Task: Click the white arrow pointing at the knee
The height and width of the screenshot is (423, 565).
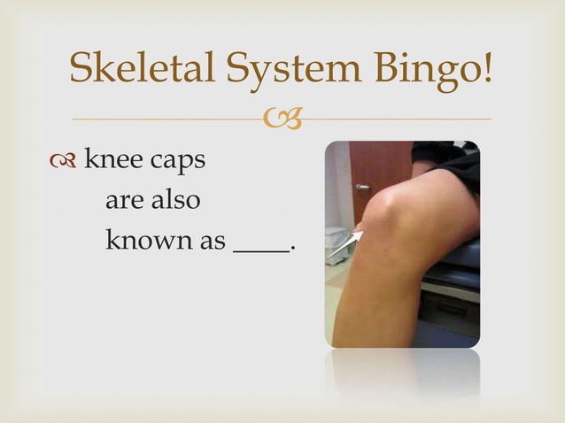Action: (345, 244)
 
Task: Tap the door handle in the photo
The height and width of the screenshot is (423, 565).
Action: (362, 188)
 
